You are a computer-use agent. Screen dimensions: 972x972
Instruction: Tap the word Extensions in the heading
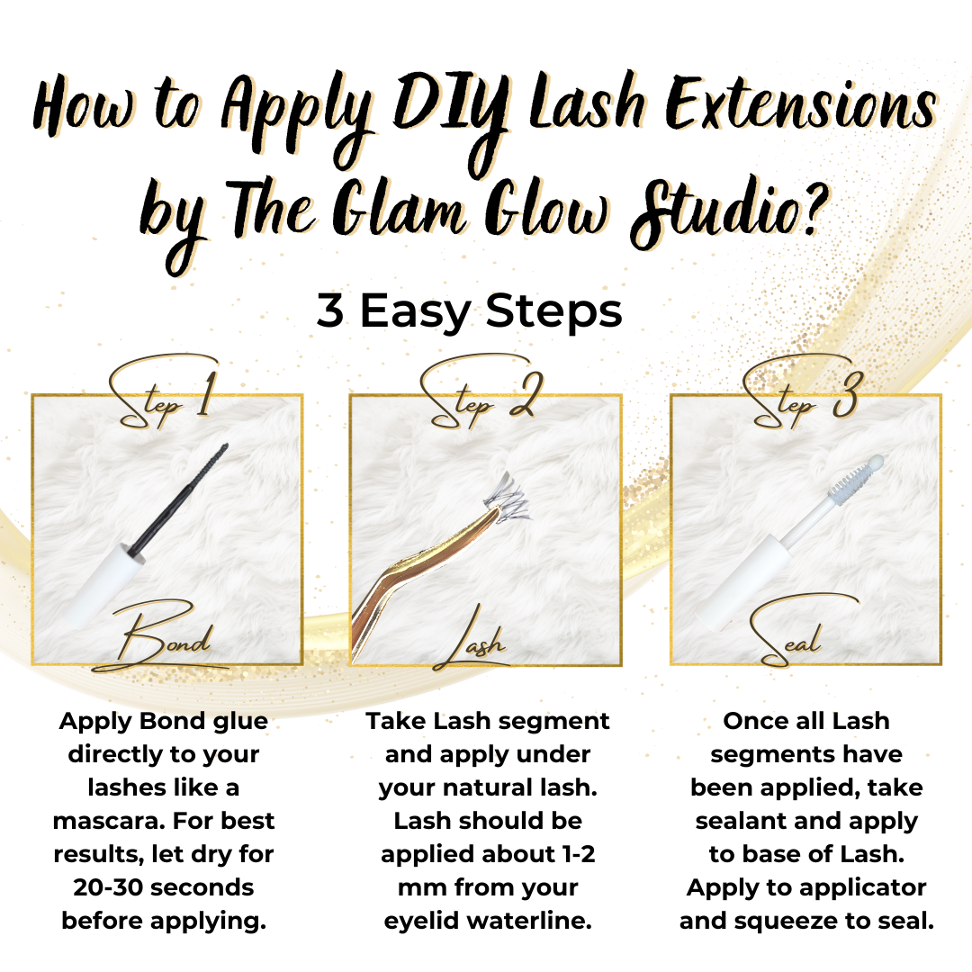[x=801, y=105]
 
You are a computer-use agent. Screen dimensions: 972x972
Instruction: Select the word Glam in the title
[x=400, y=208]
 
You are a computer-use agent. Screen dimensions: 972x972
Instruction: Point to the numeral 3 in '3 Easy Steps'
[x=329, y=310]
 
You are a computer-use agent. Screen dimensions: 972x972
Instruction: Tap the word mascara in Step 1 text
[x=108, y=821]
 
